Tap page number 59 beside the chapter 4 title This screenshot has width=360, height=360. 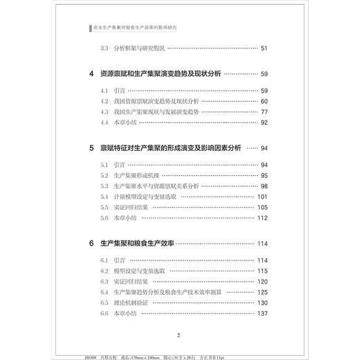point(263,74)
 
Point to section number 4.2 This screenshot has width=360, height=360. point(105,102)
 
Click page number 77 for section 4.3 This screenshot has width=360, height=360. point(263,112)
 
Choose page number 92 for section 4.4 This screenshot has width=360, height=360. point(263,123)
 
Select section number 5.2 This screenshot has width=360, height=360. point(105,176)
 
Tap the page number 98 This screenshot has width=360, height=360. point(263,186)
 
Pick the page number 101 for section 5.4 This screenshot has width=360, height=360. point(262,197)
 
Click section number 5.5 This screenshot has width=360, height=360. point(105,207)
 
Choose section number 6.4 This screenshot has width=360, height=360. point(105,292)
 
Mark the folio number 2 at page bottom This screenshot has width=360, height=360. point(179,335)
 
